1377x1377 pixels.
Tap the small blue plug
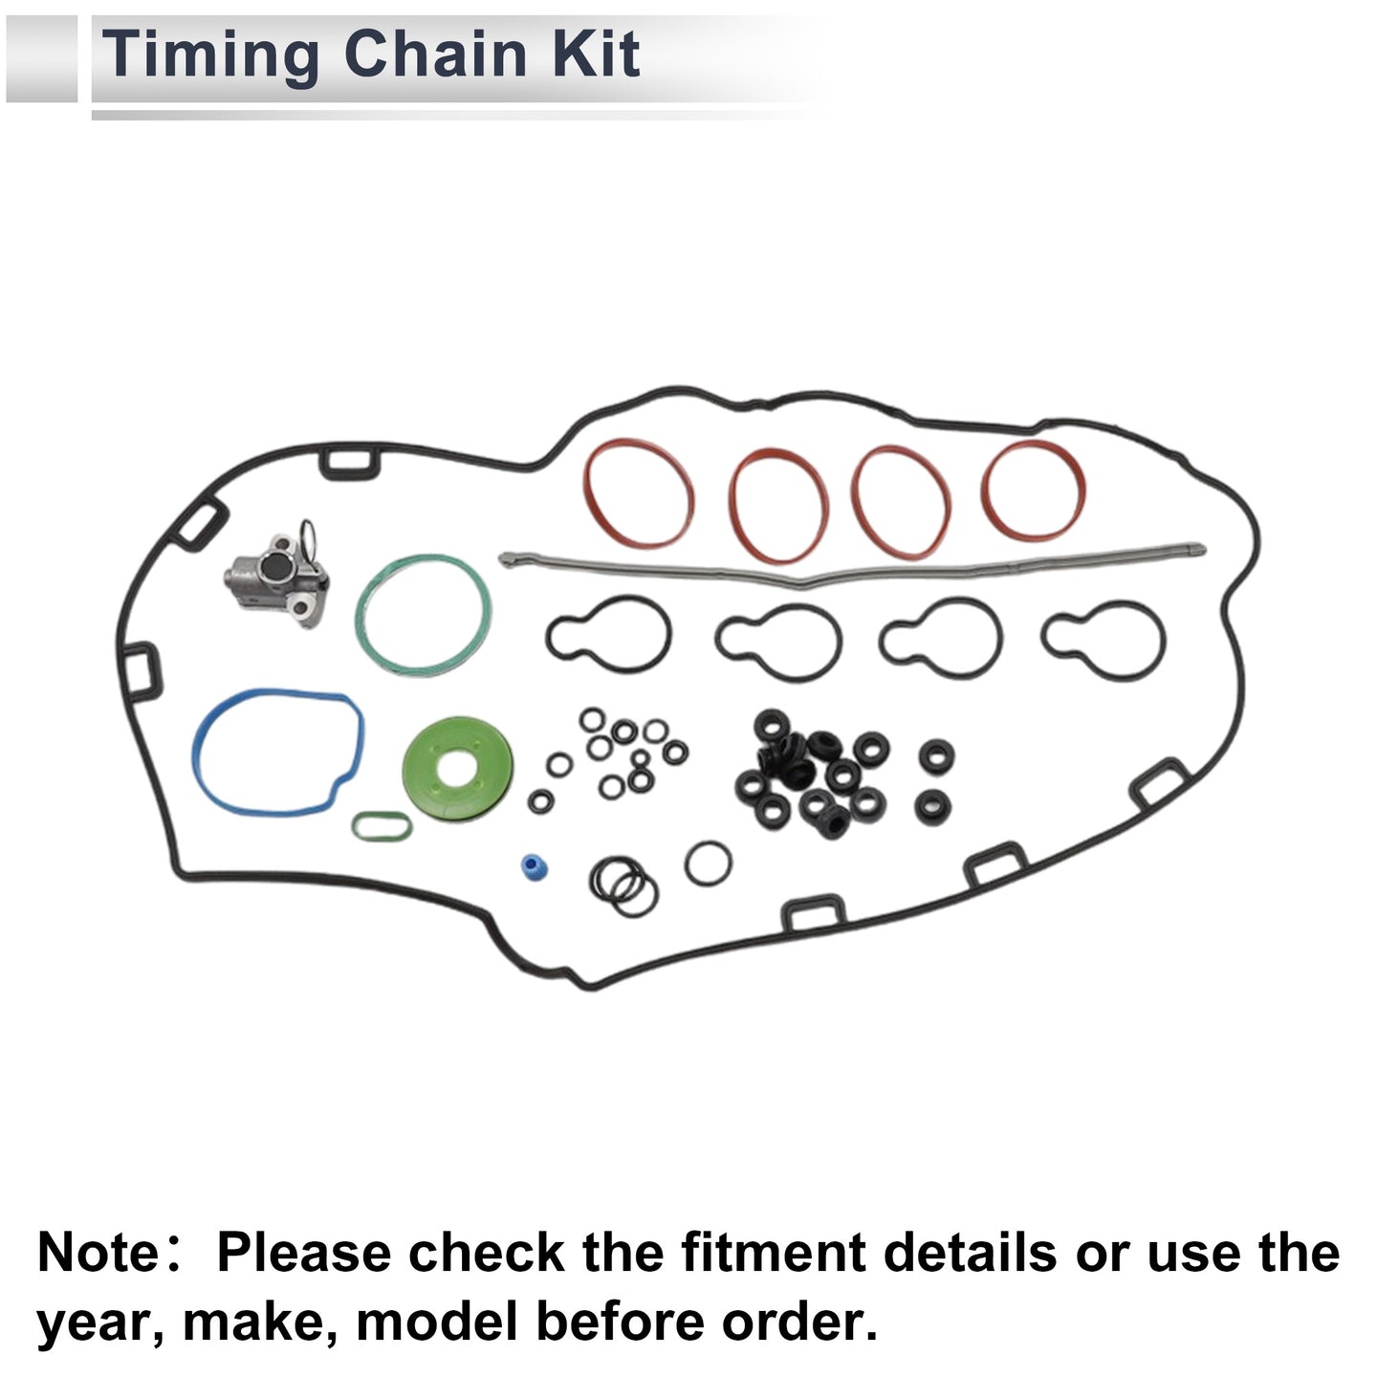tap(533, 866)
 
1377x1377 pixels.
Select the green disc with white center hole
tap(457, 768)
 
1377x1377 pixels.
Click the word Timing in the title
tap(210, 55)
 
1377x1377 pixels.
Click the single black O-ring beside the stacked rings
tap(709, 863)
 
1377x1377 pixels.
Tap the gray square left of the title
tap(41, 58)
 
